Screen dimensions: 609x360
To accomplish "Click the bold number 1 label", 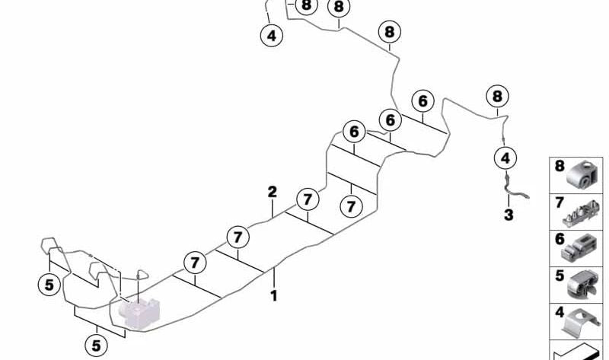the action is pos(274,296).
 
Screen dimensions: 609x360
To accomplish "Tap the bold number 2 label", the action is pos(273,192).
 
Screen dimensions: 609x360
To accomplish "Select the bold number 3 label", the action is pos(509,215).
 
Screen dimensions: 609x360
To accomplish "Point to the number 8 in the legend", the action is pos(560,166).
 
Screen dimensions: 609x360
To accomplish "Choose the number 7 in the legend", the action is pos(560,202).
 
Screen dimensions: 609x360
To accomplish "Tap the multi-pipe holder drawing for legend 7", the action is pos(581,215).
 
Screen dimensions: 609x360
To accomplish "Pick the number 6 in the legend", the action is pos(560,239).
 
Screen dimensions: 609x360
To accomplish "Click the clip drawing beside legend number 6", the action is pos(579,249).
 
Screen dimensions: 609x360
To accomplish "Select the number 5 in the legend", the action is pos(560,276).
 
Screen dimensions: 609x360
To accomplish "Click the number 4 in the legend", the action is pos(560,312).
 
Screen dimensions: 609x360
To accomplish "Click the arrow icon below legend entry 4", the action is pos(577,352).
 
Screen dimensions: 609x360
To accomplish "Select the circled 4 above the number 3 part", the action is pos(505,158).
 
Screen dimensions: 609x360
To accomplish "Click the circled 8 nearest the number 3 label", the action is pos(497,96).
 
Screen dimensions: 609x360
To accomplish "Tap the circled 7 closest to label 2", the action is pos(308,199).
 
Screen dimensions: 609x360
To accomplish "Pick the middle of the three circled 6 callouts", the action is pos(390,120).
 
